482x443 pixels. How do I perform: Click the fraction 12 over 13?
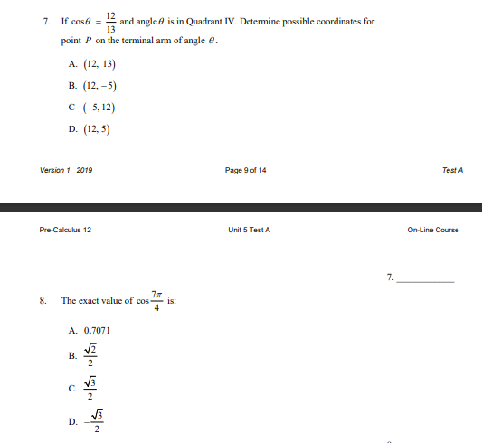pyautogui.click(x=110, y=21)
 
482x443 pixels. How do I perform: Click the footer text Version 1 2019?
pyautogui.click(x=66, y=171)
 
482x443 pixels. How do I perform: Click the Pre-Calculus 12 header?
pyautogui.click(x=66, y=230)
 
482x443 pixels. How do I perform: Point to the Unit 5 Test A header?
pyautogui.click(x=250, y=230)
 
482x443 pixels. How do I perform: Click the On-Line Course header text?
pyautogui.click(x=434, y=230)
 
